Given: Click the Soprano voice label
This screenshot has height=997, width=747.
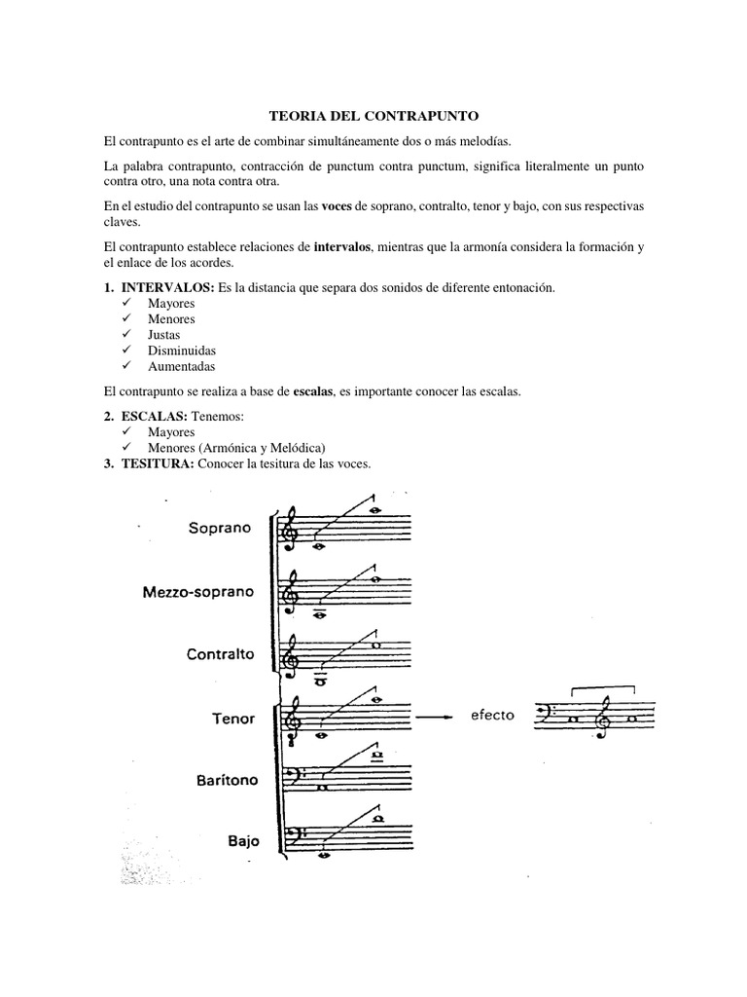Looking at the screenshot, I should coord(220,528).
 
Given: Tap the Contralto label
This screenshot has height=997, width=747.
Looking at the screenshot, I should coord(221,654).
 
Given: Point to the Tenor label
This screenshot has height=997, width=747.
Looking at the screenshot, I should coord(233,719).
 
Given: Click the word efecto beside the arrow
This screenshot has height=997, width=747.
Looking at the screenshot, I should coord(493,716).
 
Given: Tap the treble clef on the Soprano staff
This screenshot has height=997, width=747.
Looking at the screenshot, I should coord(291,531).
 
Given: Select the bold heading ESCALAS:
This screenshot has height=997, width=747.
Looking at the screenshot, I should coord(152,417).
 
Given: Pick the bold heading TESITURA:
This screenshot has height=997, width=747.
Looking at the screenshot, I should coord(157,462).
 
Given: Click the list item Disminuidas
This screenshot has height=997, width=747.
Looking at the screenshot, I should coord(182,351).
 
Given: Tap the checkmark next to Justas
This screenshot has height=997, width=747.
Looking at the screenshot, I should coord(127,335).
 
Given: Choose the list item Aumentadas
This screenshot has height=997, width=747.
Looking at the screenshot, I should coord(181,366).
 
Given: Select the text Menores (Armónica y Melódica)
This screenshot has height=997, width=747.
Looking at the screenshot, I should coord(230,447).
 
